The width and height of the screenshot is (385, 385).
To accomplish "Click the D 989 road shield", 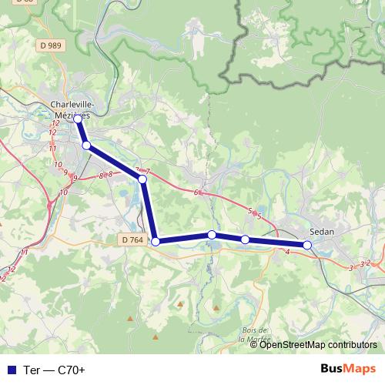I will point(50,46).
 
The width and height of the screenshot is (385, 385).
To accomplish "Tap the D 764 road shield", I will point(132,240).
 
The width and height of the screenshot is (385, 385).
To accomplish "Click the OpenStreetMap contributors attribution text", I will point(319,345).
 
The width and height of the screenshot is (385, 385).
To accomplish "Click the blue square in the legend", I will point(11,370).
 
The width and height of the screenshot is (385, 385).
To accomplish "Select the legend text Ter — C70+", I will point(54,370).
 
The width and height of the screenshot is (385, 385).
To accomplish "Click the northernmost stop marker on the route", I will point(78,119).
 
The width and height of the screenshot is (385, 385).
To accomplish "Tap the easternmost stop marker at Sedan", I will point(307,245).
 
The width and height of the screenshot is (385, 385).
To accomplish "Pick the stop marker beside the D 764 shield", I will point(156,242).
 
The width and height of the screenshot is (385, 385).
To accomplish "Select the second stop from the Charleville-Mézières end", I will point(86,145).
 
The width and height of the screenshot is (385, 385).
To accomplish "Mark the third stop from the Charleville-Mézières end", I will point(142,179).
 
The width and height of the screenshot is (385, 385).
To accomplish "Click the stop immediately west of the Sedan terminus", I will point(245,239).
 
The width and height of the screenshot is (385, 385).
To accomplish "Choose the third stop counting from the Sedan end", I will point(212,234).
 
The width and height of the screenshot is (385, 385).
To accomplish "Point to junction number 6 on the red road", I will point(196,192).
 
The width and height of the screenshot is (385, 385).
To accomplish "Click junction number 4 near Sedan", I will point(286,252).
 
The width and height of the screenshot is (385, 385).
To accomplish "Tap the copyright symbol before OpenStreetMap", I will point(255,345).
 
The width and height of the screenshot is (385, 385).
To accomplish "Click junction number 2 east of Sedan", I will point(369,263).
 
